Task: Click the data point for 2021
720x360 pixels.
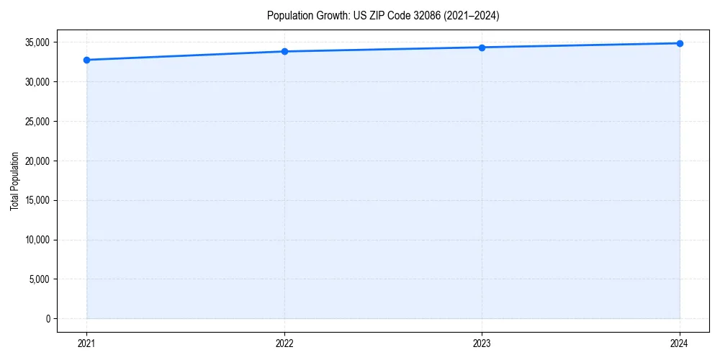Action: (x=86, y=60)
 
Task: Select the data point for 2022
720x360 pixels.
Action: (x=284, y=51)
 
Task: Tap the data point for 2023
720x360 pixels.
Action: (x=482, y=48)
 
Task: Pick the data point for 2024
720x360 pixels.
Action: (x=680, y=43)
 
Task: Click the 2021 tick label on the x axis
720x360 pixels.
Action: (x=86, y=343)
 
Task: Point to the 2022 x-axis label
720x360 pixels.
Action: (x=284, y=343)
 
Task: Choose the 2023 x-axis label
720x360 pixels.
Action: (x=482, y=343)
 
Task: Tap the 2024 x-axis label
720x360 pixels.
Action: (x=680, y=343)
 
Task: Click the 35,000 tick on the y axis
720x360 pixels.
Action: (x=37, y=42)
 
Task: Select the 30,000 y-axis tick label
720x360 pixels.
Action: (x=37, y=82)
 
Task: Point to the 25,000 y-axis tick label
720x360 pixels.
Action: (x=37, y=122)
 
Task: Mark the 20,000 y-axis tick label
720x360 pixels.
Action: (x=37, y=161)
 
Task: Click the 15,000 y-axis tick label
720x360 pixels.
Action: (x=37, y=200)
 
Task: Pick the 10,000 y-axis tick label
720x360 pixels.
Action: (x=37, y=240)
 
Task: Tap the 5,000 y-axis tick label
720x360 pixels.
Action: (x=39, y=279)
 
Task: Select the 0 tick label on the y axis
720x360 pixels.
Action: (x=47, y=319)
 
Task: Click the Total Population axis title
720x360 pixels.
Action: (x=14, y=181)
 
